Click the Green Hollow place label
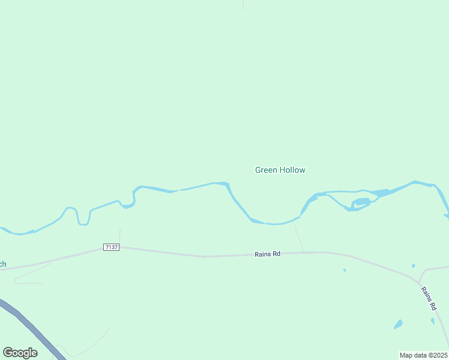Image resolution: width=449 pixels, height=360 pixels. [280, 170]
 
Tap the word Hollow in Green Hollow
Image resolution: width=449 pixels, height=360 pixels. [292, 170]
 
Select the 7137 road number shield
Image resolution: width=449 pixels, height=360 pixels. [111, 247]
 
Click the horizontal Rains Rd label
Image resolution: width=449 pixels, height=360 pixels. [268, 254]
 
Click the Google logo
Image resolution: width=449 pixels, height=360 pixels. [20, 353]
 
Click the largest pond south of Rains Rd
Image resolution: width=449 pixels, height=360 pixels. [398, 325]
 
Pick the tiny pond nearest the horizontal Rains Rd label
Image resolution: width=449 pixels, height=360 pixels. [345, 270]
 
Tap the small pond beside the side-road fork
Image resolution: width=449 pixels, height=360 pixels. [413, 266]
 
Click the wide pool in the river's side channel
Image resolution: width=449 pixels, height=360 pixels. [361, 201]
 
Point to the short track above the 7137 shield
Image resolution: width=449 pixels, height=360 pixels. [119, 236]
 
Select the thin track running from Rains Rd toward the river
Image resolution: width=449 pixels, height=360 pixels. [299, 239]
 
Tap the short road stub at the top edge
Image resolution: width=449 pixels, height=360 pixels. [243, 4]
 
